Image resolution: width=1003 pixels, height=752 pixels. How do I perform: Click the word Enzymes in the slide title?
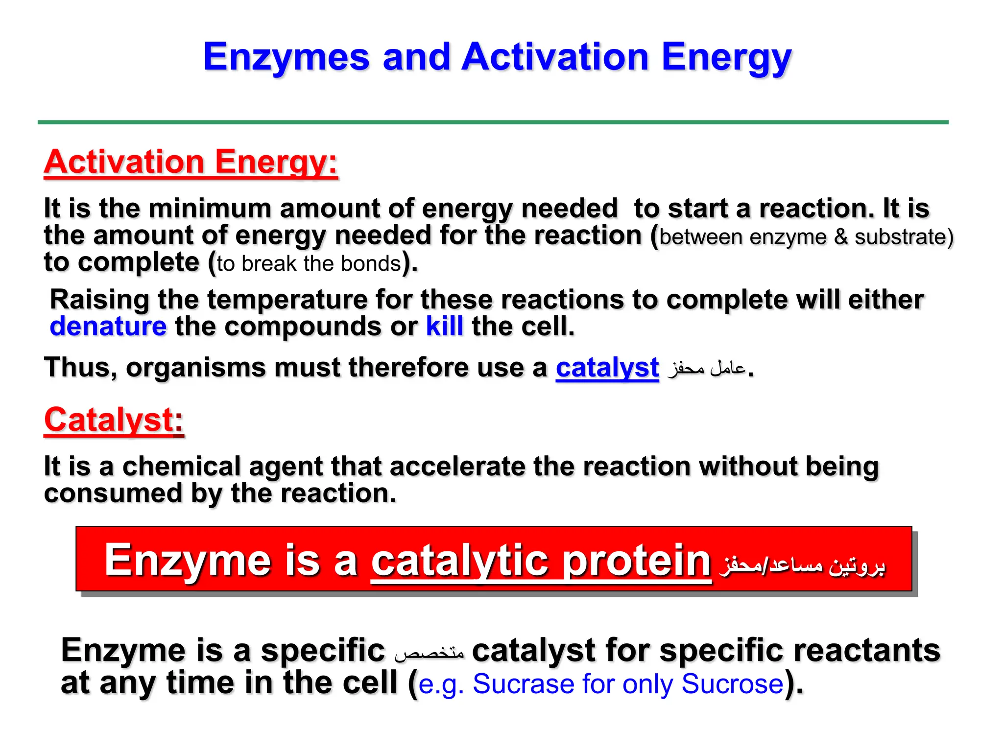click(x=286, y=58)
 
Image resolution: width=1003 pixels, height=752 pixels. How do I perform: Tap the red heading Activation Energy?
click(x=191, y=162)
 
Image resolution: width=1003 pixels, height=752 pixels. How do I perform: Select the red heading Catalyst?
click(x=114, y=420)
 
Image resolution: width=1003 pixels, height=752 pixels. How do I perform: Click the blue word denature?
click(x=108, y=327)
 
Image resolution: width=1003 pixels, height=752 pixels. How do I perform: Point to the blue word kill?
click(x=444, y=327)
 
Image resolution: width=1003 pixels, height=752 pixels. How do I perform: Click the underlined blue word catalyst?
click(x=607, y=368)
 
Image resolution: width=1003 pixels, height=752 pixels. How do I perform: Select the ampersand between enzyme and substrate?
click(x=840, y=237)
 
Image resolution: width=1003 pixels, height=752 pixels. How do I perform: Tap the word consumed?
click(x=113, y=493)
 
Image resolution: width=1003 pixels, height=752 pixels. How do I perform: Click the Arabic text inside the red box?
click(x=802, y=565)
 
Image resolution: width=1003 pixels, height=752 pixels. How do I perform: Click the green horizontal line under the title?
click(x=493, y=122)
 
